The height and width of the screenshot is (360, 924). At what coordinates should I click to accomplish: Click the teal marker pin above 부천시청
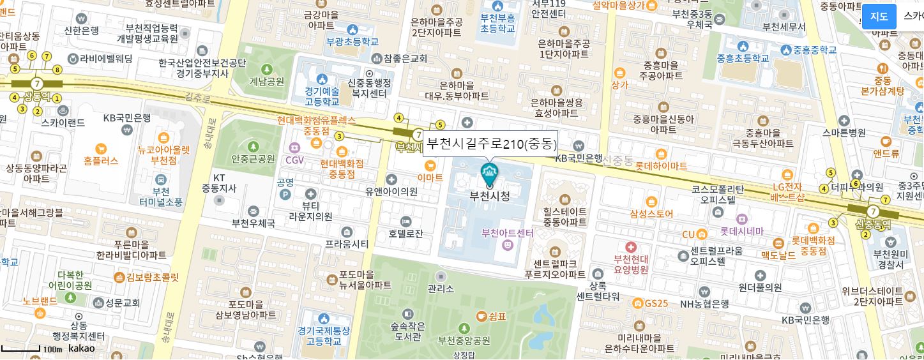[490, 174]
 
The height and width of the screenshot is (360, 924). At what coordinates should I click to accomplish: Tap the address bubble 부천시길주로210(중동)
[490, 144]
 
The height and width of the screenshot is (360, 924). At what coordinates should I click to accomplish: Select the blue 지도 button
[879, 17]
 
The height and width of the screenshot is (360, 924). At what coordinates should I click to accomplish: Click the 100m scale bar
[21, 349]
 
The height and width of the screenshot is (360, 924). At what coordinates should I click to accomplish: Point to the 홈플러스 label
[101, 161]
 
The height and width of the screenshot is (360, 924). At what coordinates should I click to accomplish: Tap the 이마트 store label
[430, 177]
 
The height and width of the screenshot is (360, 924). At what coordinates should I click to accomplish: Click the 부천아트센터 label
[508, 233]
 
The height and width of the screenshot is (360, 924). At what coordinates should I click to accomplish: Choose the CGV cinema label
[295, 160]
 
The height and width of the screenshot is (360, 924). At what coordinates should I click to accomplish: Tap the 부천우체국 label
[254, 223]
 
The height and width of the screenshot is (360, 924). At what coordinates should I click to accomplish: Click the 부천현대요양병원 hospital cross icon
[631, 247]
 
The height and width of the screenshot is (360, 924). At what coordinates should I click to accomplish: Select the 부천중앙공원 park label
[464, 340]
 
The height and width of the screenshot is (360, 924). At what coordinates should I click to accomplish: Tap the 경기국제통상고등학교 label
[324, 336]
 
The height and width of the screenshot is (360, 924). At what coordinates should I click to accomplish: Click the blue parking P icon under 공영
[285, 195]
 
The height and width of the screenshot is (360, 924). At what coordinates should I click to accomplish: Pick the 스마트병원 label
[844, 133]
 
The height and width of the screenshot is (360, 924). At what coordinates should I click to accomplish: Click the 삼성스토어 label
[651, 214]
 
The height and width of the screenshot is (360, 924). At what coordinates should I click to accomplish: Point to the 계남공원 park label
[267, 81]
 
